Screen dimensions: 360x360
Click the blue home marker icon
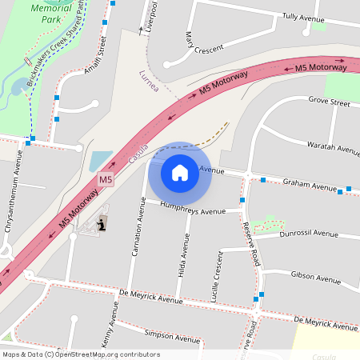(x=180, y=172)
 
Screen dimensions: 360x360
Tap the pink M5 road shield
(x=105, y=180)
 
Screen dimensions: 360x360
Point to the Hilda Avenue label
(x=182, y=254)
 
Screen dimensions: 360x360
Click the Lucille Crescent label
(x=215, y=275)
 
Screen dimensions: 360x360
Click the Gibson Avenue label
(x=315, y=278)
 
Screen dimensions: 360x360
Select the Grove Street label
(x=329, y=103)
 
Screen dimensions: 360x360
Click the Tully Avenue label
(x=303, y=17)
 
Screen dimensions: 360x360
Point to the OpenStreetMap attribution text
(x=81, y=354)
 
